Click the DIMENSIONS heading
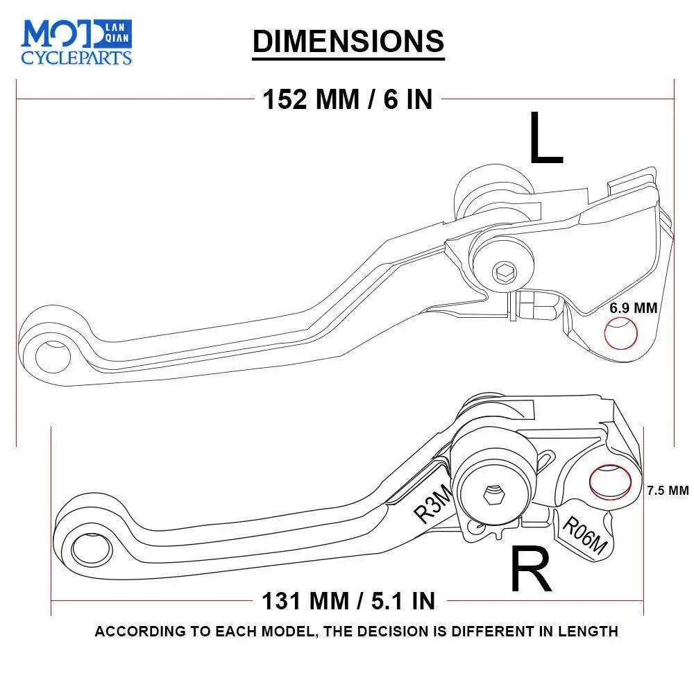click(348, 41)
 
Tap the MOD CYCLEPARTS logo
click(76, 42)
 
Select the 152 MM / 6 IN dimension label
click(347, 99)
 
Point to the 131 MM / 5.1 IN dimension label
click(348, 600)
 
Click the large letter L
click(545, 139)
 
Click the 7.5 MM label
click(667, 490)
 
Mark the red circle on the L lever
click(621, 334)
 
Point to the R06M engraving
click(584, 536)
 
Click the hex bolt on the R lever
click(493, 496)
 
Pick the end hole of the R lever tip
click(88, 548)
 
